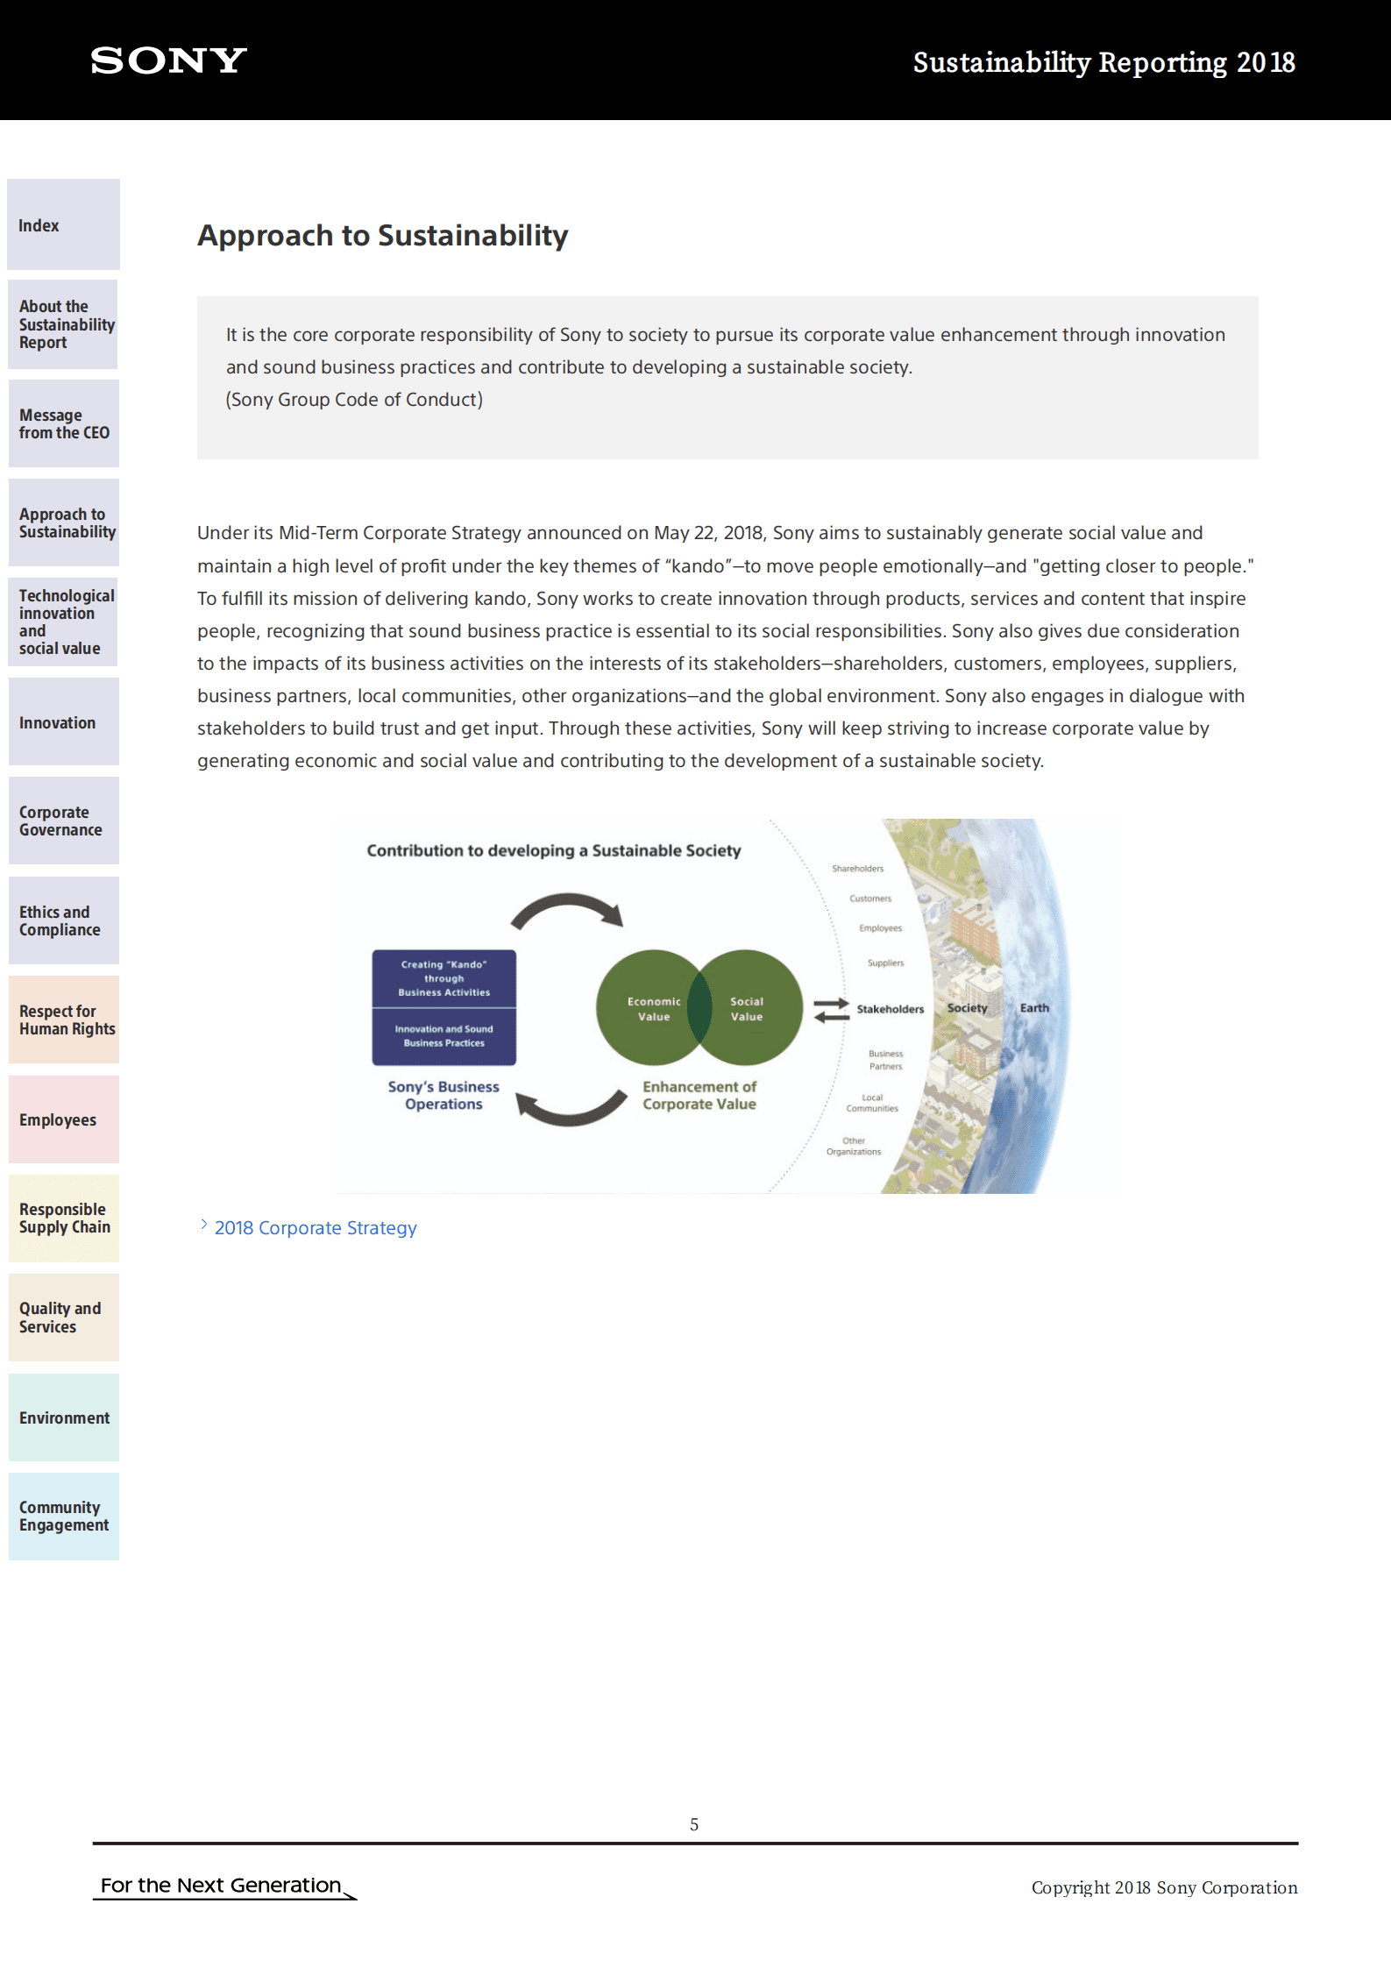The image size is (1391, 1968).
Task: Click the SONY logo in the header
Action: (168, 60)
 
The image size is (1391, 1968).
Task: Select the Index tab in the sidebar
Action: (63, 224)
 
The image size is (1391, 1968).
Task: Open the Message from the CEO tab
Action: (63, 423)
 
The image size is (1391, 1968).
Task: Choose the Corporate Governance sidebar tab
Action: (63, 821)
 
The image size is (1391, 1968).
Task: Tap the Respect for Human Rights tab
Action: (63, 1020)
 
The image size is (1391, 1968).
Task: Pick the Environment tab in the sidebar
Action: (63, 1417)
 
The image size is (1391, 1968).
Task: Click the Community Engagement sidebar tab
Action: (63, 1517)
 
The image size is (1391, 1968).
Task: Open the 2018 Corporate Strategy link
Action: (315, 1228)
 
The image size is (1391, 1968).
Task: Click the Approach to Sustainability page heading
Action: (383, 235)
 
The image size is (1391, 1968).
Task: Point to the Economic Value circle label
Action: (654, 1009)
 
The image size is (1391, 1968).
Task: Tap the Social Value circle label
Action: (747, 1009)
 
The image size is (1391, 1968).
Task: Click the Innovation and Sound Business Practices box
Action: (444, 1036)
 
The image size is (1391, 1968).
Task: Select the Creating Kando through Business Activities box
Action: (444, 978)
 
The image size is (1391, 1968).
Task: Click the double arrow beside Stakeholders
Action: (831, 1010)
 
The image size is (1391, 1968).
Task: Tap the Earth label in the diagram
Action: (1034, 1008)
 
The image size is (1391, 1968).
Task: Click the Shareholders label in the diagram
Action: (857, 869)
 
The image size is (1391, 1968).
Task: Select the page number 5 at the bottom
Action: (694, 1824)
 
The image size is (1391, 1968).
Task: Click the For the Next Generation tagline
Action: (221, 1886)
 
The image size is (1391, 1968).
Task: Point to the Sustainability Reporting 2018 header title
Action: (1104, 62)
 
